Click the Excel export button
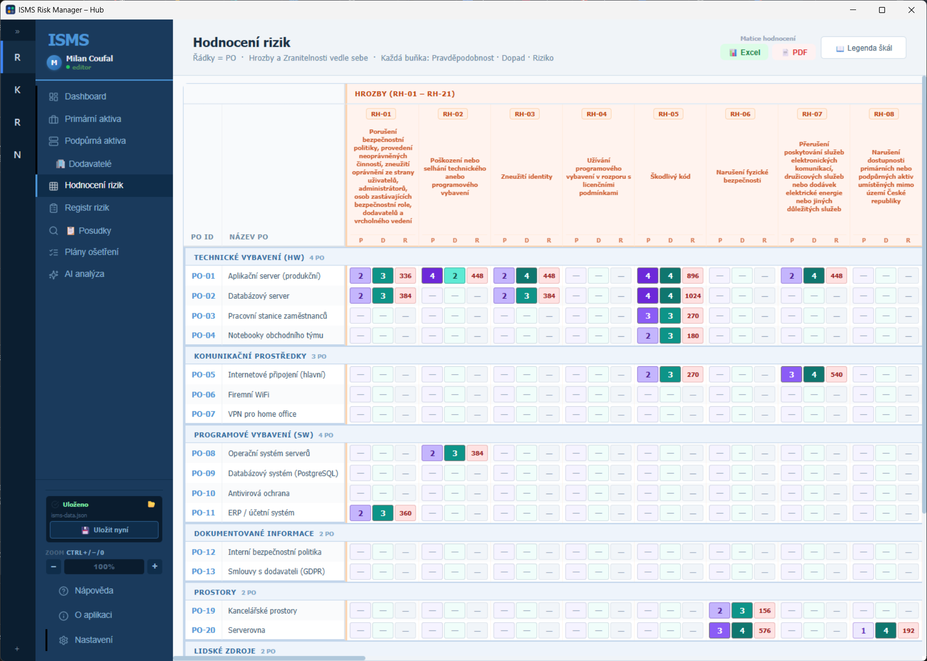744,52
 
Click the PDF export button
794,52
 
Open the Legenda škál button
864,48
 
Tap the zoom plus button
155,566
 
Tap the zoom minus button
53,566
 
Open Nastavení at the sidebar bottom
93,640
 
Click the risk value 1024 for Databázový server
693,296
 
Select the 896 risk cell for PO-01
693,276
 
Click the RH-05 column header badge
669,114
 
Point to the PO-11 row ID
203,513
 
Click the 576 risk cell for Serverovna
765,631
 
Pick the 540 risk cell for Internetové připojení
837,374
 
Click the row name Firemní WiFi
248,395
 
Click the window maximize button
882,10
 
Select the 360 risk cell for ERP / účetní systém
405,513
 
